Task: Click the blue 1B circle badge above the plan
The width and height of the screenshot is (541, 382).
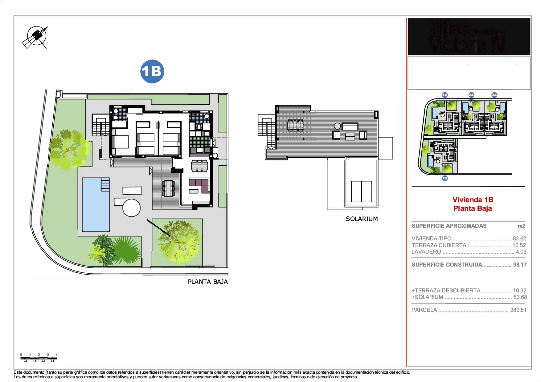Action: point(152,71)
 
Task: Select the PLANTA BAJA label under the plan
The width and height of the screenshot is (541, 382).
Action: point(208,282)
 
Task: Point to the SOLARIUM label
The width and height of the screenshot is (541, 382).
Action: point(362,219)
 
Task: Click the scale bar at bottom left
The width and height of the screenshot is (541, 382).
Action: point(39,357)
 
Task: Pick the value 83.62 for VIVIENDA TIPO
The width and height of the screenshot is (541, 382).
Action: point(519,239)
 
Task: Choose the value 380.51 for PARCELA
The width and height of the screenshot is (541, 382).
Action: point(518,310)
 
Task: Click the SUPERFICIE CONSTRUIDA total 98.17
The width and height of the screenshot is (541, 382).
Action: point(520,265)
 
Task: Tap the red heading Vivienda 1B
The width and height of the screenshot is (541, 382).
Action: point(473,200)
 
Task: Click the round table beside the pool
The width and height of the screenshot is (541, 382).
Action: point(132,208)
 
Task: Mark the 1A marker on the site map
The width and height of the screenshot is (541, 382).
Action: point(445,95)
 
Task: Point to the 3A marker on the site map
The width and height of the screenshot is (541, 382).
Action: point(494,95)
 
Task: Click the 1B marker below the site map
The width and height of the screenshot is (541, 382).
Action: point(445,178)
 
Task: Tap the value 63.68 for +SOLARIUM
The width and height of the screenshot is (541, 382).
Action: point(520,297)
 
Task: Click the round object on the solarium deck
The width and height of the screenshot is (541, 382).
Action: point(337,126)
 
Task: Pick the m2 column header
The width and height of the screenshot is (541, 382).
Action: point(521,226)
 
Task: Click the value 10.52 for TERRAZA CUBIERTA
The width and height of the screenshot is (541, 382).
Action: point(519,245)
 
